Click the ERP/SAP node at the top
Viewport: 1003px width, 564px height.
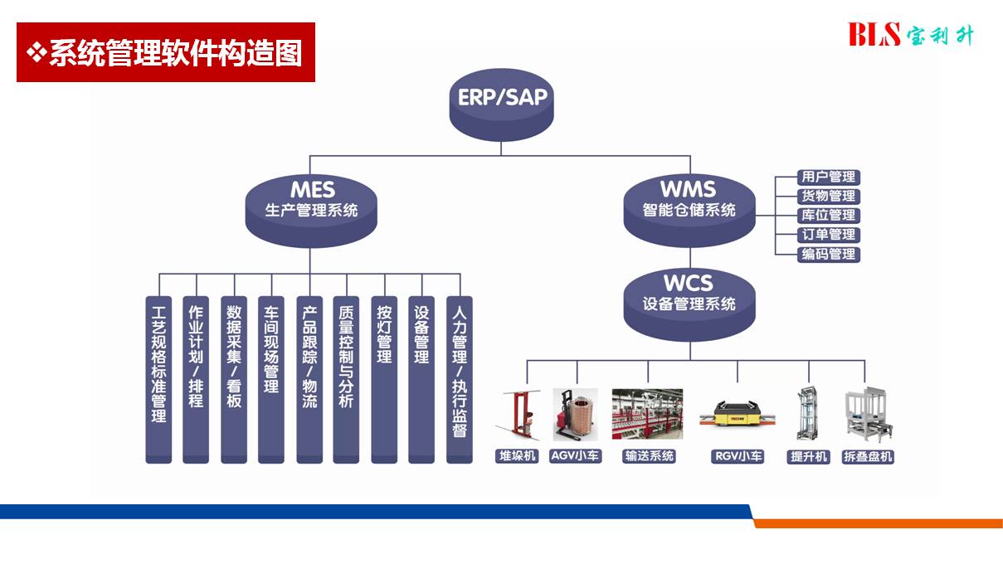(x=501, y=105)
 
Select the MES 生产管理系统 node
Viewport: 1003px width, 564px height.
(x=311, y=211)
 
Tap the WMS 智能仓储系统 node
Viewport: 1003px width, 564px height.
(x=689, y=210)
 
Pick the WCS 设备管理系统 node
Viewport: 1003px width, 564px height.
(x=689, y=304)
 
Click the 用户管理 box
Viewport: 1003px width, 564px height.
(x=829, y=177)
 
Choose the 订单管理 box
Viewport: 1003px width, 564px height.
(x=829, y=235)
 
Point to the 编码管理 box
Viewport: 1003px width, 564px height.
(x=829, y=255)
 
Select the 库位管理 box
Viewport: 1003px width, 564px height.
(x=829, y=216)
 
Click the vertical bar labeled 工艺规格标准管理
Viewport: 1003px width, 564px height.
(x=158, y=380)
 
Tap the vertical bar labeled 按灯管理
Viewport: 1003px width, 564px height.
(x=384, y=380)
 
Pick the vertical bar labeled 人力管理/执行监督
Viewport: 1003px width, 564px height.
(x=460, y=380)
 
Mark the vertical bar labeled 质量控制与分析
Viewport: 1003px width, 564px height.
(x=346, y=380)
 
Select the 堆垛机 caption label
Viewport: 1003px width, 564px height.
(x=517, y=456)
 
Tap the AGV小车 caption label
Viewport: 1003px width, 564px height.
(x=575, y=456)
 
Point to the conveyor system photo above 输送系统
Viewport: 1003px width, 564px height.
(x=647, y=414)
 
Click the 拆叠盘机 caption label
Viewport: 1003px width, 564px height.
(x=868, y=456)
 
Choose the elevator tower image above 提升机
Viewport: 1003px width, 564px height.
(x=807, y=413)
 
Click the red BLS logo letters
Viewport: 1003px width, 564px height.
(x=874, y=35)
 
